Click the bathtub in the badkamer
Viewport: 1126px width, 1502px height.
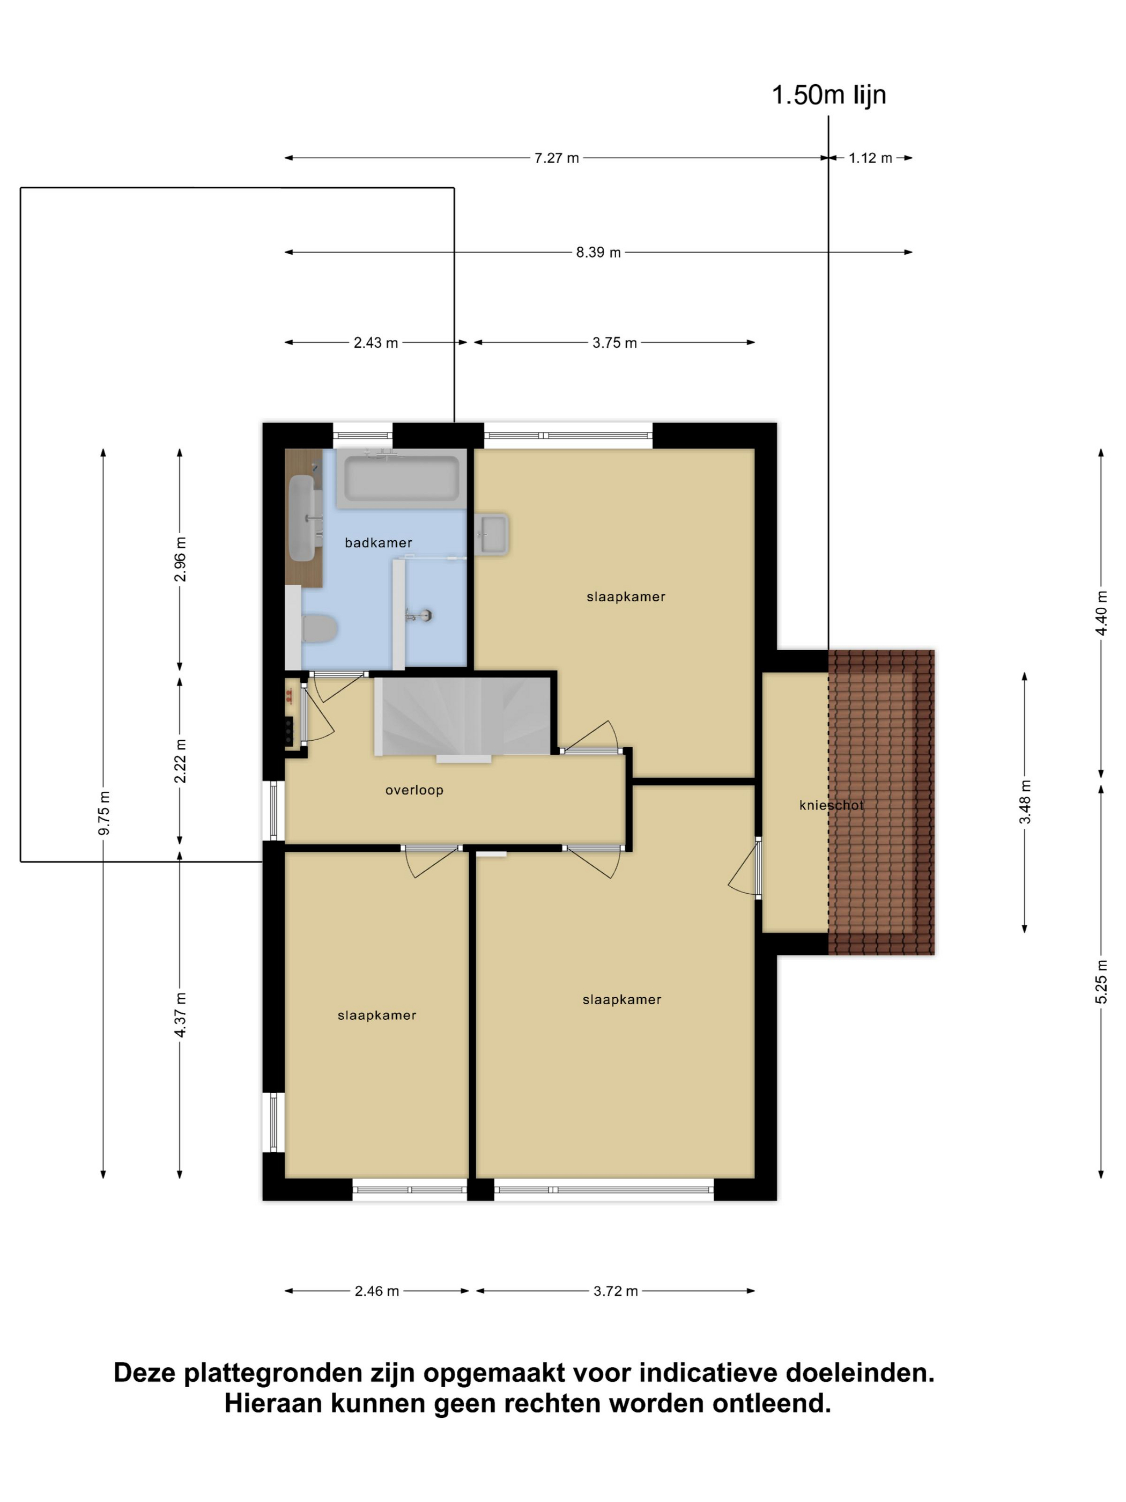[401, 478]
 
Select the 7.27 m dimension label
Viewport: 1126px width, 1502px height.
[557, 158]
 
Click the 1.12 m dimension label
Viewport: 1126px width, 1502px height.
[870, 158]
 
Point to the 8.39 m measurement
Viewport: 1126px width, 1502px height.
[598, 253]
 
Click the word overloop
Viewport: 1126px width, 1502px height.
[414, 790]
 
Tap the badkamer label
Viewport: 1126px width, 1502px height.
[378, 542]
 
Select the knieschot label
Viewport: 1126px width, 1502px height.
[832, 805]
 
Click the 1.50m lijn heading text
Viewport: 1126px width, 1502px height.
[829, 95]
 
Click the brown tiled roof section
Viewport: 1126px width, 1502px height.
[881, 802]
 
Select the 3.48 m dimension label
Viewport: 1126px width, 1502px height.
[1025, 802]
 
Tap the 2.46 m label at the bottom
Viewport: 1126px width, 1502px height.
[377, 1291]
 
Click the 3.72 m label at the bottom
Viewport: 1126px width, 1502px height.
[616, 1291]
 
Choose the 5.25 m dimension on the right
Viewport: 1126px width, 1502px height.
[1101, 981]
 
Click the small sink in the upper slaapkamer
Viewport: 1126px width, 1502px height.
[492, 534]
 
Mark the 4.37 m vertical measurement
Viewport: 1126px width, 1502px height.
[180, 1014]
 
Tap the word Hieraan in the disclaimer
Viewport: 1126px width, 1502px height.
[274, 1403]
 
